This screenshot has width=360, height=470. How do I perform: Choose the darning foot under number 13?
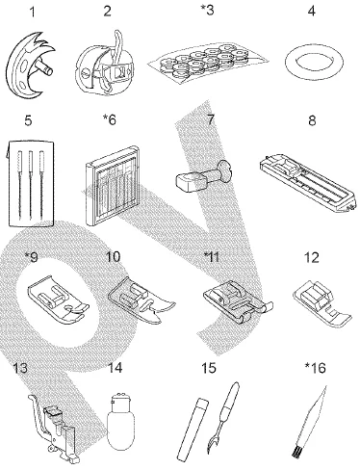(x=47, y=415)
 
